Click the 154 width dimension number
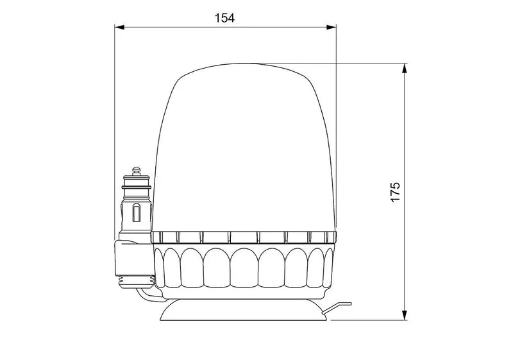coord(224,18)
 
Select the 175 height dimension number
coord(396,191)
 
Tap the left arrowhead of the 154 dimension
coord(118,27)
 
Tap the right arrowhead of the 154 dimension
coord(332,27)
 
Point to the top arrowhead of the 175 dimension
coord(405,67)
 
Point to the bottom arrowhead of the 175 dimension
coord(405,315)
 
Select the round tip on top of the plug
coord(136,171)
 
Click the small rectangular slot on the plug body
coord(136,212)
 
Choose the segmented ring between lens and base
coord(244,237)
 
